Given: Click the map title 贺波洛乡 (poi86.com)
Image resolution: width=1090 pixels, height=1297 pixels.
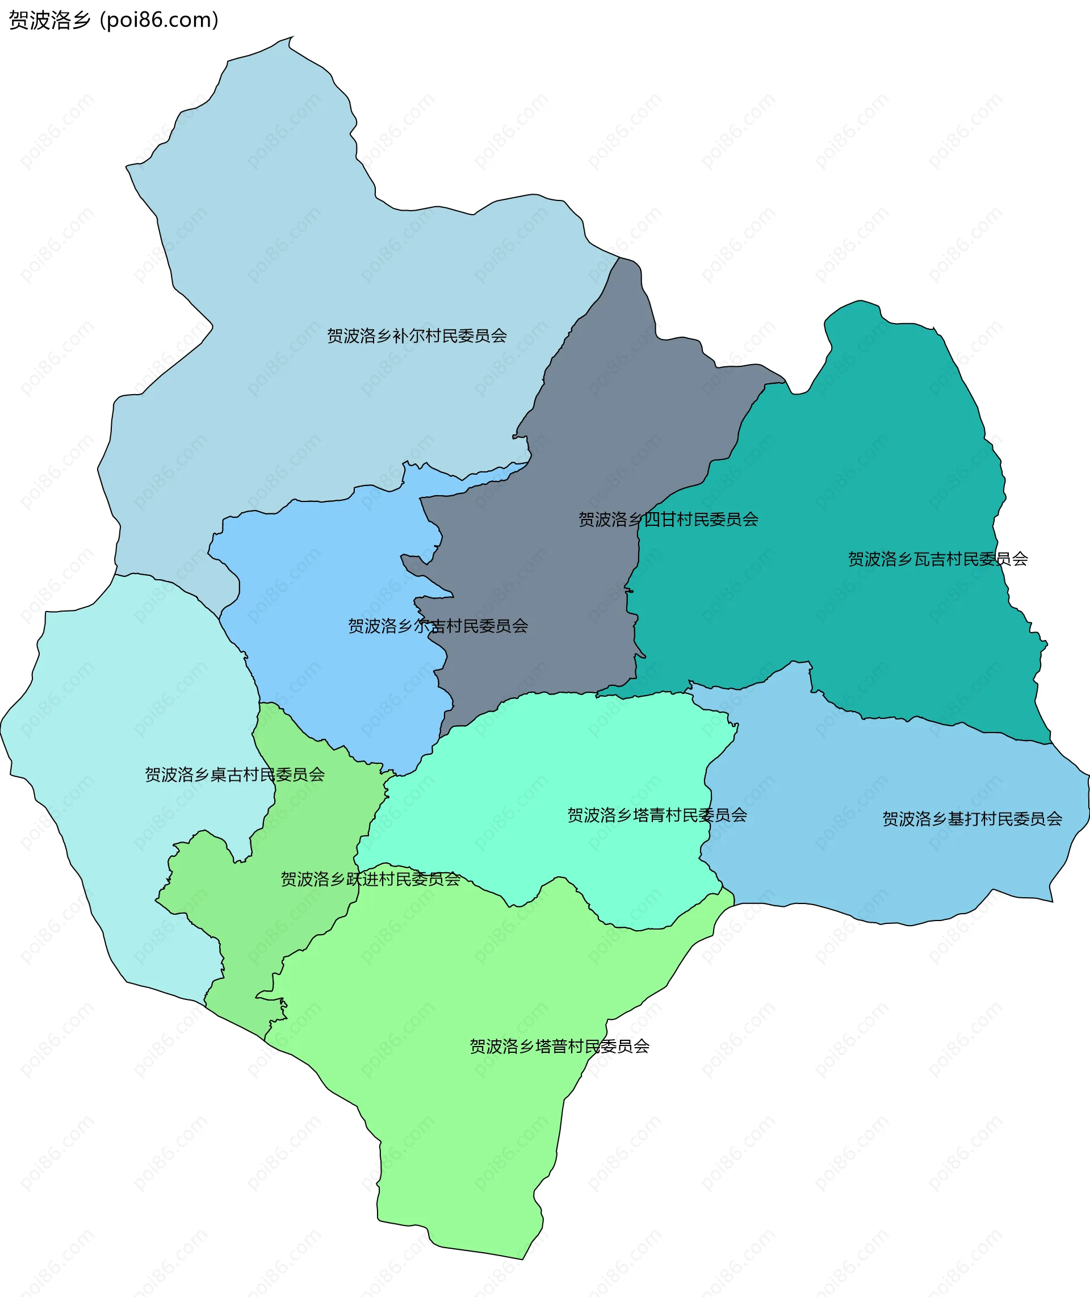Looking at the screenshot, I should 114,20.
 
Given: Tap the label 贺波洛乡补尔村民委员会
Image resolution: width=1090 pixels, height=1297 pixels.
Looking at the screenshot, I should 417,336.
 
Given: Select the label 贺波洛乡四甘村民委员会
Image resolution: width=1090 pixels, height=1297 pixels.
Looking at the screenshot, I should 668,519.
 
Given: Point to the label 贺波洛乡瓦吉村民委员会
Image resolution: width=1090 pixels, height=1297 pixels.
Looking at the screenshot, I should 937,559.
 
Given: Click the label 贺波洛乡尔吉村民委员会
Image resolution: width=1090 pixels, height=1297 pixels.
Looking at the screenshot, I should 438,626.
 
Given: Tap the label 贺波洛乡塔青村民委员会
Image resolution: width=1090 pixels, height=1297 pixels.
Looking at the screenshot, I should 657,815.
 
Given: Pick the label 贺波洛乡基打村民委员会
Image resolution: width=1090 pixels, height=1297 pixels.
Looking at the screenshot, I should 972,819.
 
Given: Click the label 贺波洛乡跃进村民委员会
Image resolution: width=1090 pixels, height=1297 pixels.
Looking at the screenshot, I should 370,878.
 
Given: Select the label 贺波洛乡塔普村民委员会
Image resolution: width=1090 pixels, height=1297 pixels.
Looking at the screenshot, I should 559,1046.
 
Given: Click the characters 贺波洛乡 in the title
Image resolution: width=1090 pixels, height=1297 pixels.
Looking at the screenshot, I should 49,20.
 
